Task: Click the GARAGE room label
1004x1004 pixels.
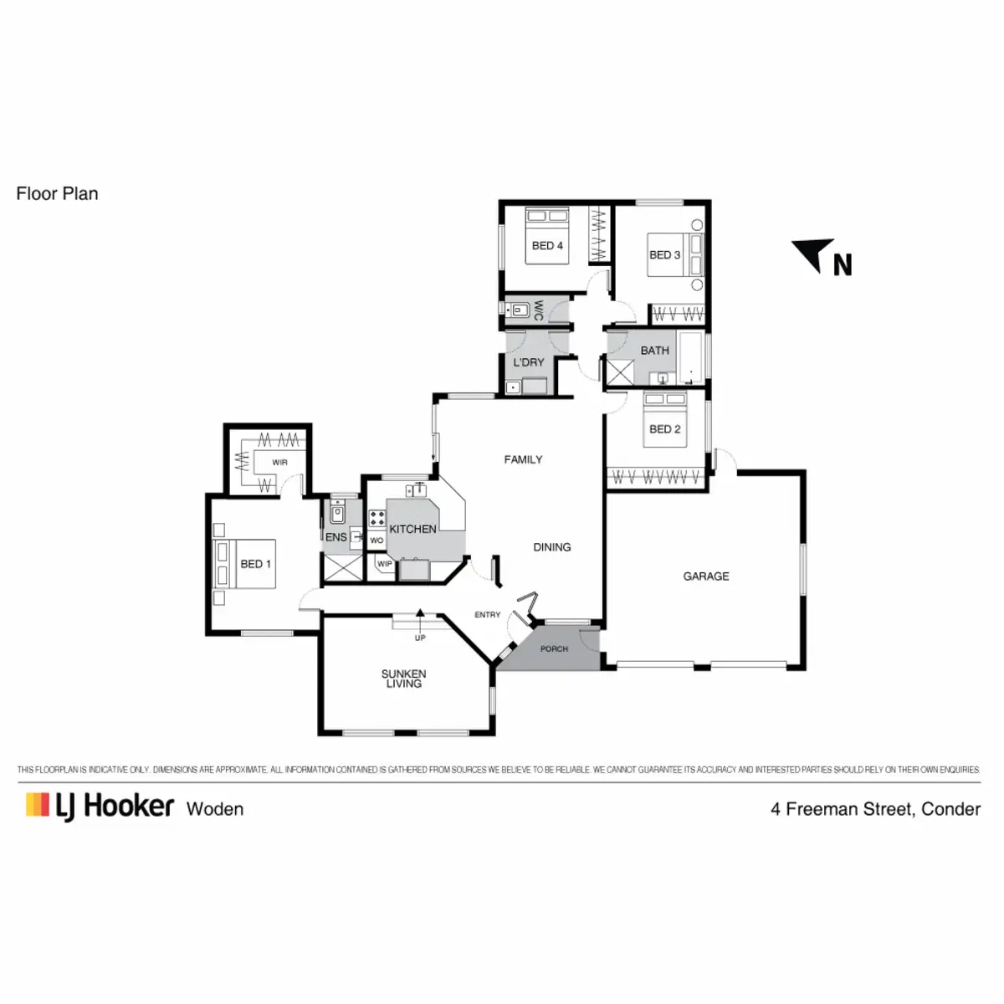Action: [x=705, y=576]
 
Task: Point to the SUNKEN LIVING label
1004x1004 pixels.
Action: [x=403, y=679]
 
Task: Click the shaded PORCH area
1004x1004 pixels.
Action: [x=554, y=649]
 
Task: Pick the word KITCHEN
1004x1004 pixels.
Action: [x=412, y=529]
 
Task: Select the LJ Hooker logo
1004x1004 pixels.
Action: [x=100, y=807]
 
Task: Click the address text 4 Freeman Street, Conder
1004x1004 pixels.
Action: [x=875, y=809]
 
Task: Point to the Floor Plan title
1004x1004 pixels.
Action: [x=57, y=194]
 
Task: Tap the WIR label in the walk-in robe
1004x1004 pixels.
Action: [x=279, y=463]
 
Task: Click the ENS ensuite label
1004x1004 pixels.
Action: [x=336, y=537]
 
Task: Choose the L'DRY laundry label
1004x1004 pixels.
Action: [x=529, y=362]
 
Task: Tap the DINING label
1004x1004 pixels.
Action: [x=552, y=547]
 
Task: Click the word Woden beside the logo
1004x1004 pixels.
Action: [x=215, y=809]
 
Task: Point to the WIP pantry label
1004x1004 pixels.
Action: [x=384, y=565]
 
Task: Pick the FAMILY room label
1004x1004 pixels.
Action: [x=523, y=459]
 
